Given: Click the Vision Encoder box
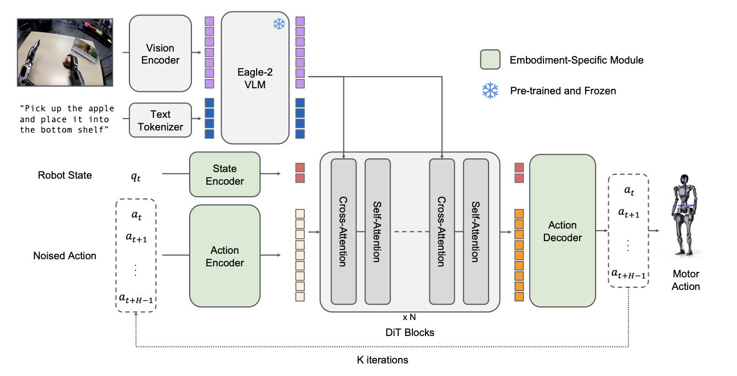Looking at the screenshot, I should point(160,54).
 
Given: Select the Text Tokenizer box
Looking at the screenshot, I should point(160,121).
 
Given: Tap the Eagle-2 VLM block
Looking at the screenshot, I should point(255,78).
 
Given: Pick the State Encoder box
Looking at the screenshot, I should point(225,175).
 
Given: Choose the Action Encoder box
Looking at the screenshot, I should point(225,256).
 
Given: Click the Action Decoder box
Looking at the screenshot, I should point(562,231).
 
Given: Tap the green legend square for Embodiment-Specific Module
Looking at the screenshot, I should point(490,60).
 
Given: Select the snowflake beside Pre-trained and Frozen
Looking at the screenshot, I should point(490,90).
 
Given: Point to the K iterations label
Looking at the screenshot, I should point(382,360).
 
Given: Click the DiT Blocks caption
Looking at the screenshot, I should point(410,332).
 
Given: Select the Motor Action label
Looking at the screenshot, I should point(685,280).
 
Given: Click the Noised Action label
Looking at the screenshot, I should point(65,255).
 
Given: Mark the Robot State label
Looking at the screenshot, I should point(65,175).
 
